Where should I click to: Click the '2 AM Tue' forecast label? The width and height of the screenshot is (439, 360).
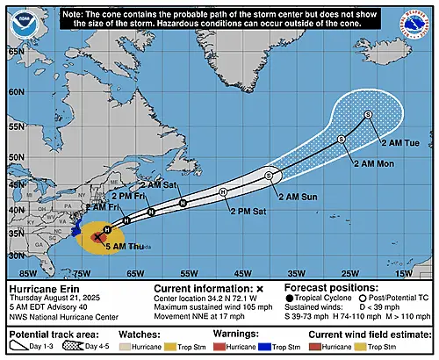point(399,141)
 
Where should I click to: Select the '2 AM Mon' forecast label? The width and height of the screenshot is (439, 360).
point(374,164)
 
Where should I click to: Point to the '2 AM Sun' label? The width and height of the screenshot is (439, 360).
point(297,198)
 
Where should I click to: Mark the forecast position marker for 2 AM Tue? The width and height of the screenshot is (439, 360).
point(369,115)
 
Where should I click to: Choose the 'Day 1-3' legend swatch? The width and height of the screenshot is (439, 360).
point(24,346)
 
